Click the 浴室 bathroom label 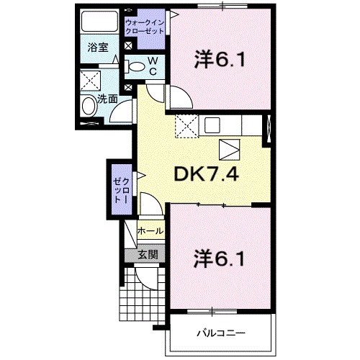(x=98, y=48)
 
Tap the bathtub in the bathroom (x=99, y=21)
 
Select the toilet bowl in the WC (x=135, y=67)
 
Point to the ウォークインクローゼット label (x=145, y=27)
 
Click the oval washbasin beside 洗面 (x=89, y=106)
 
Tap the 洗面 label (x=107, y=99)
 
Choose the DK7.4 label (x=206, y=174)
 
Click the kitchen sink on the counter (x=212, y=125)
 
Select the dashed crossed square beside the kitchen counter (x=187, y=126)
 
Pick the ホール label (x=150, y=231)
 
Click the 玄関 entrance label (x=148, y=254)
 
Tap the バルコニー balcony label (x=221, y=333)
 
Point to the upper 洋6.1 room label (x=220, y=59)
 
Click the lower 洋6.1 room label (x=220, y=258)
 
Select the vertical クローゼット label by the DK (x=122, y=191)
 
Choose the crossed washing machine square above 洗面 (x=90, y=81)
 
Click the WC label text (x=153, y=66)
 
